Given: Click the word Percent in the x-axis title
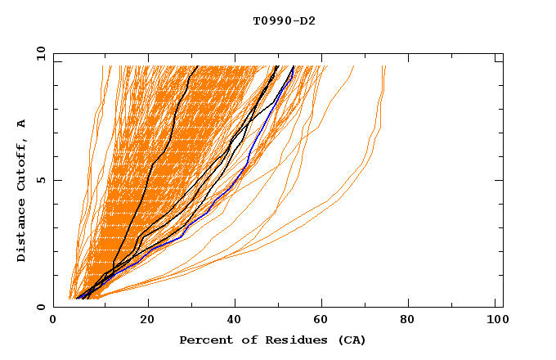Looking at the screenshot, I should pyautogui.click(x=204, y=340).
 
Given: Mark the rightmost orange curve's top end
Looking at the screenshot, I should pyautogui.click(x=385, y=67).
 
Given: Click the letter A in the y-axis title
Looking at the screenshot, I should pyautogui.click(x=22, y=124).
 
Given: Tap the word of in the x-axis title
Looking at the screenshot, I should pyautogui.click(x=243, y=340).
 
